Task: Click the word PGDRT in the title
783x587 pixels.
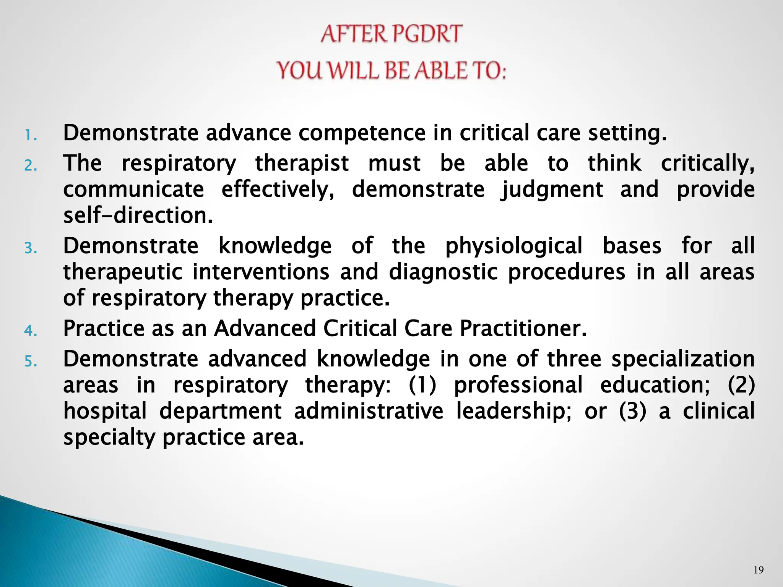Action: [x=427, y=34]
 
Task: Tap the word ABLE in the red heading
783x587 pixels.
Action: [x=442, y=71]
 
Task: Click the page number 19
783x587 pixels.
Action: [x=759, y=570]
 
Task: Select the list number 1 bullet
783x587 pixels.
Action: [x=31, y=135]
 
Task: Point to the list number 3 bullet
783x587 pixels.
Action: [x=31, y=248]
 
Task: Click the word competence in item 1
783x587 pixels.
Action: [x=362, y=133]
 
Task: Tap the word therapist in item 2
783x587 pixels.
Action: [x=302, y=164]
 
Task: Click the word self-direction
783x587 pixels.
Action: [x=138, y=216]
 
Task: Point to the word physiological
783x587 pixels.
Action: [x=514, y=246]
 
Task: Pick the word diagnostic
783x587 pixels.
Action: [x=443, y=272]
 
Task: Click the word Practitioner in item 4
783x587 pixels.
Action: [x=523, y=328]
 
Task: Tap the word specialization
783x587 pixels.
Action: [x=683, y=359]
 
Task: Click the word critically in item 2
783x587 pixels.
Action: [x=708, y=164]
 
